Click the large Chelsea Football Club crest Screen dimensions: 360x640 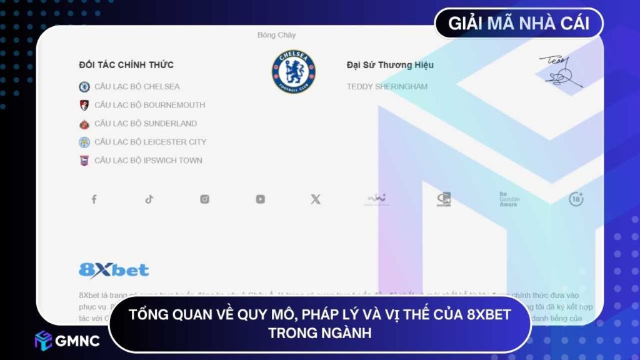(294, 72)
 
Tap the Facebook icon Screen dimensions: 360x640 (94, 199)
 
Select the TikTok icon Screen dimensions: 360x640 (149, 199)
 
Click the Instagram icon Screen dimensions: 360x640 (204, 199)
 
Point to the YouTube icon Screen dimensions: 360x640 (260, 199)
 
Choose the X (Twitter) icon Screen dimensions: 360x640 (316, 199)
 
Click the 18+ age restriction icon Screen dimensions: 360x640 (576, 199)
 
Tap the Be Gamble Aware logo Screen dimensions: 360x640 (509, 199)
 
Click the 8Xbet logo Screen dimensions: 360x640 (114, 270)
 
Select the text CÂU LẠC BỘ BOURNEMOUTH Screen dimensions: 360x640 (149, 105)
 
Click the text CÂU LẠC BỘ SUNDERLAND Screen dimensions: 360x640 (145, 124)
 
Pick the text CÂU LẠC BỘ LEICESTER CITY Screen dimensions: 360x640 (150, 142)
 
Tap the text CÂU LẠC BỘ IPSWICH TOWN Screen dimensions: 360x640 (148, 161)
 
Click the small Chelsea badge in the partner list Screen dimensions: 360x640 (84, 87)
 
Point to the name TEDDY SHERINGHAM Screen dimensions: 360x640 (387, 87)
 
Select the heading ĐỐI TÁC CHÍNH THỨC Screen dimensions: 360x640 (126, 65)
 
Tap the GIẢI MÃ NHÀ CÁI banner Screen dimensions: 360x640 (519, 24)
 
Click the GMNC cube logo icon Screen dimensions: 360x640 (43, 340)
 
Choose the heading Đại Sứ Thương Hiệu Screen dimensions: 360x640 (390, 65)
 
